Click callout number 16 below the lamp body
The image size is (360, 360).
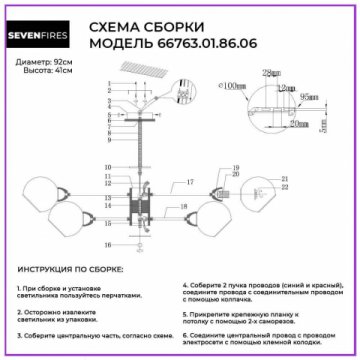pos(108,244)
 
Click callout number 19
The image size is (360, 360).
pos(236,168)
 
